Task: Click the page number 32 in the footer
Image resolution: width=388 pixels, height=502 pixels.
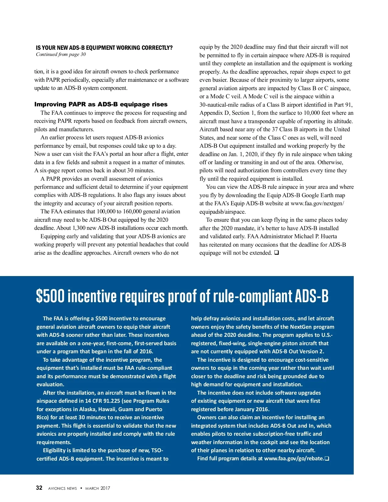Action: [39, 488]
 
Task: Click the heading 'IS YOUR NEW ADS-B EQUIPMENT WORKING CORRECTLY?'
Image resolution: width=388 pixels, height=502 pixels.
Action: [104, 48]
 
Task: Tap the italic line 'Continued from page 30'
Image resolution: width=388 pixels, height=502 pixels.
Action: [61, 54]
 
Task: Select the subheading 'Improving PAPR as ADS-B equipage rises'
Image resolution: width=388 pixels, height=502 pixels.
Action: [101, 104]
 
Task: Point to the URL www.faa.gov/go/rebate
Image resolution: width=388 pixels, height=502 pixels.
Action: [294, 458]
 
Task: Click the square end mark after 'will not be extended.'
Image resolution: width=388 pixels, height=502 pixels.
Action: [276, 253]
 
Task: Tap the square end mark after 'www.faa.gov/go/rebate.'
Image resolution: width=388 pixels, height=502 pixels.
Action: [327, 458]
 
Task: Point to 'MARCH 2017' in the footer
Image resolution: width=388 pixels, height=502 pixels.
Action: [98, 488]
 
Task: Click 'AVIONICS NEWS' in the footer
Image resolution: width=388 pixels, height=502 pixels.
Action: [62, 488]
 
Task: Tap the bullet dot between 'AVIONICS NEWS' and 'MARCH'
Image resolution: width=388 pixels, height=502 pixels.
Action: [81, 488]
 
